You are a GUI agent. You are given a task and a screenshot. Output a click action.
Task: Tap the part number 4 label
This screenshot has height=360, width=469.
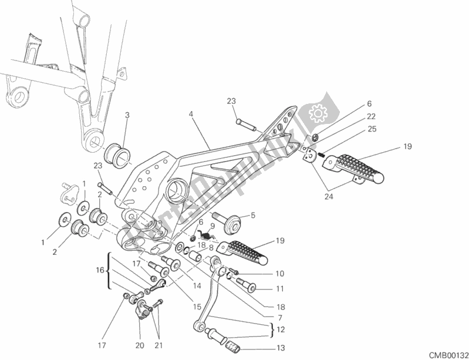click(191, 115)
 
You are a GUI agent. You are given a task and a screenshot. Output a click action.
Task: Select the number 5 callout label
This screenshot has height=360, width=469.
click(253, 215)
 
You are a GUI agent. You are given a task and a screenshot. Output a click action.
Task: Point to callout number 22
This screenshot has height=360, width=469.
click(372, 116)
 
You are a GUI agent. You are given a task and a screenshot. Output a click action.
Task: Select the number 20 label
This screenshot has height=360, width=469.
click(140, 345)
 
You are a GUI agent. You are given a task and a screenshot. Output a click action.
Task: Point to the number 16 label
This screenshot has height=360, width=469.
click(99, 270)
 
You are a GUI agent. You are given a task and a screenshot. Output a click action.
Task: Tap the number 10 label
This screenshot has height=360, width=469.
click(279, 274)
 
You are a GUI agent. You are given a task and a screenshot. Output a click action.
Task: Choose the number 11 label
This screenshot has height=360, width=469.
click(279, 289)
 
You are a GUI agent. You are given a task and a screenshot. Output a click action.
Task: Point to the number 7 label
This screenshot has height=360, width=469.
click(279, 318)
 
